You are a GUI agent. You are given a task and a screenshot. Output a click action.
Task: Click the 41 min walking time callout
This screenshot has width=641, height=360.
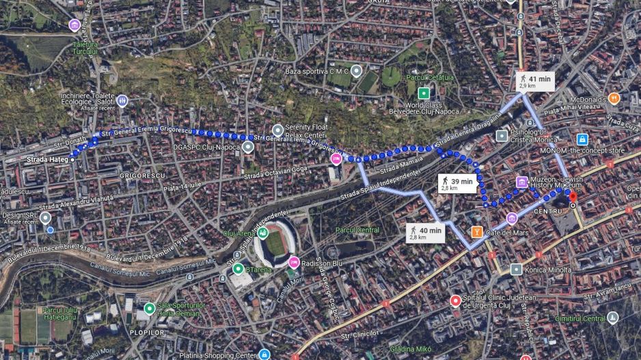534,81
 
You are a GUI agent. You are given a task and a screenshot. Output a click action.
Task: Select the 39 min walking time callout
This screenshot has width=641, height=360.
456,183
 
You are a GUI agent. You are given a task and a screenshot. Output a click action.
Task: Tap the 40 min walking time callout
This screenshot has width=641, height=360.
425,233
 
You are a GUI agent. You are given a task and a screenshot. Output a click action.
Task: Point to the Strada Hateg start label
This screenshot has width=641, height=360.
48,160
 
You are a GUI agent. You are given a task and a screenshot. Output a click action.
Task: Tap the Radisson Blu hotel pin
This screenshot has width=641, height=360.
294,262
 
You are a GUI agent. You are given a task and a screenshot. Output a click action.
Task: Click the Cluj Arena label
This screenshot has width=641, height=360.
238,233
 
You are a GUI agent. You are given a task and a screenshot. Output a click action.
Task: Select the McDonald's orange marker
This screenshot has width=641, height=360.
614,98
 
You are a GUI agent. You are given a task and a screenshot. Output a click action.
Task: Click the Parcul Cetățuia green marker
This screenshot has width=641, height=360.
424,93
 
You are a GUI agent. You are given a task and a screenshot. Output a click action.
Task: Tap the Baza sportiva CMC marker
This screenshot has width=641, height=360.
356,71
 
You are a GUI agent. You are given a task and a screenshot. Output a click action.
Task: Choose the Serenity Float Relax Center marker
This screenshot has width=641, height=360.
277,130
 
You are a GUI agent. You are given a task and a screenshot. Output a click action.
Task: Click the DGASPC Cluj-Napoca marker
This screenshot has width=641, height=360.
248,146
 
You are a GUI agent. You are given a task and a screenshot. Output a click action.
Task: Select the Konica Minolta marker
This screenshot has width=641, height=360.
517,269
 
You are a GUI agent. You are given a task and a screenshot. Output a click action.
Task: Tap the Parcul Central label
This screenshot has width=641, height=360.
357,230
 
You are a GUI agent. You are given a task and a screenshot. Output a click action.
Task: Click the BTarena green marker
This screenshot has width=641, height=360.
238,268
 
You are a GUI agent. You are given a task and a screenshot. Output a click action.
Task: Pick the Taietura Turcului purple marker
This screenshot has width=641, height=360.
74,26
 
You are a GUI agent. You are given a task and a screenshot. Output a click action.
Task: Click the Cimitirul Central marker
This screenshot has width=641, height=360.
613,318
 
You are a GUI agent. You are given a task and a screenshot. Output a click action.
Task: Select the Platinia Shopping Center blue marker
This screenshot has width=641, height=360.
264,354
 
